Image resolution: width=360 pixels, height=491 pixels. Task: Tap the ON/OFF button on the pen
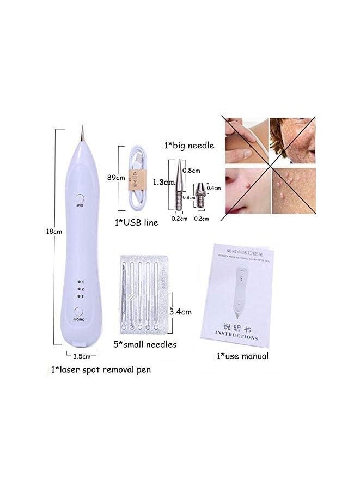[x=80, y=312]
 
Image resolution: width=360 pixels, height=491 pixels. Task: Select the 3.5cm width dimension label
[x=81, y=356]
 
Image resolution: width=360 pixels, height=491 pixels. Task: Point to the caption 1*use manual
[x=242, y=356]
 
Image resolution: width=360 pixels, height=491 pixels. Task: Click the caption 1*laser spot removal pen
[x=101, y=369]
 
